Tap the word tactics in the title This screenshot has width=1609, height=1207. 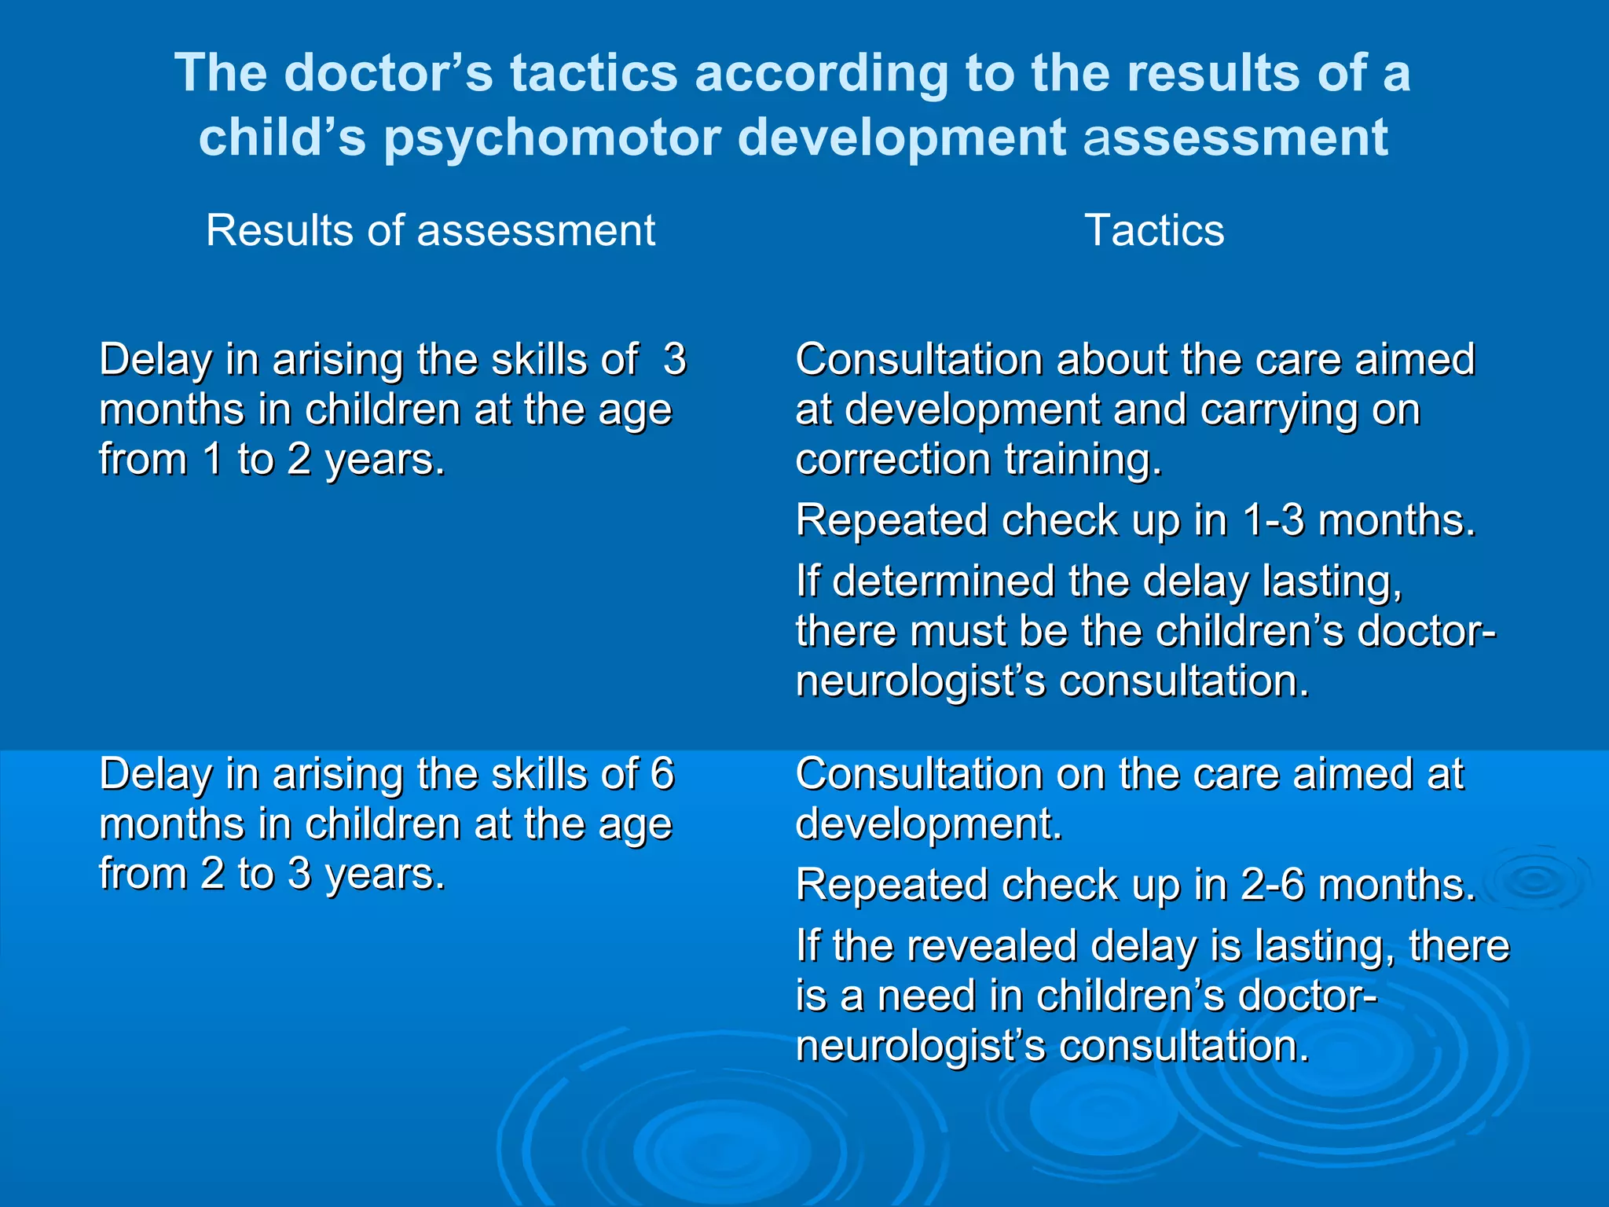[x=593, y=73]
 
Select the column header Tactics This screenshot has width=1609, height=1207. [x=1153, y=230]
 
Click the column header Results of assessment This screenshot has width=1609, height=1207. [x=430, y=230]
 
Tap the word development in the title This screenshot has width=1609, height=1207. [x=902, y=138]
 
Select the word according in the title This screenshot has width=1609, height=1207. [x=821, y=73]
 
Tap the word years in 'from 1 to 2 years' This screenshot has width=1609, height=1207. [x=385, y=460]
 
